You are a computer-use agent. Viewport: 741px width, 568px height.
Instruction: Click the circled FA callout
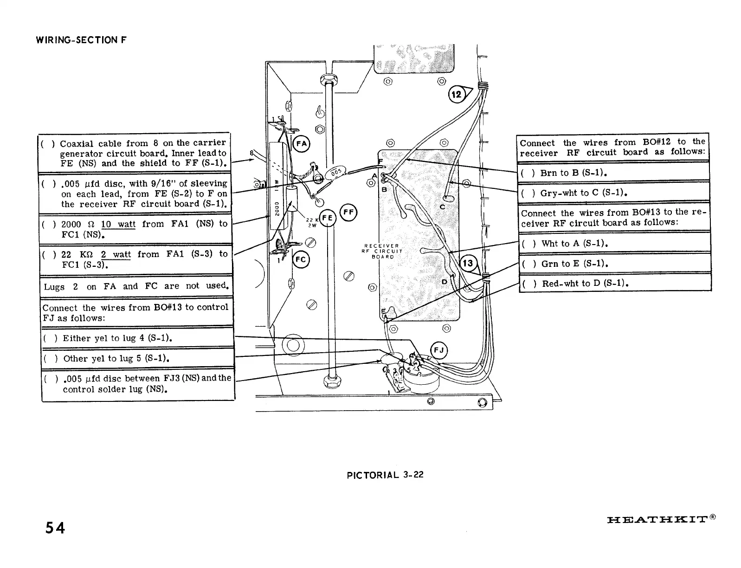coord(302,143)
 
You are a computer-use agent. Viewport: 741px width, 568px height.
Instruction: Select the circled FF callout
coord(348,213)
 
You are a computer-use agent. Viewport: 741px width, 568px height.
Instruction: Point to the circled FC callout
coord(301,260)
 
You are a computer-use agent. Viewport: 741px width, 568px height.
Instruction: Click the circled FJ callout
coord(439,350)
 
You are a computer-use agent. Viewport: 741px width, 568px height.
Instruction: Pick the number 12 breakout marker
coord(457,95)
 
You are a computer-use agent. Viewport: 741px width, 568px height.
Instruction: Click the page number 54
coord(55,528)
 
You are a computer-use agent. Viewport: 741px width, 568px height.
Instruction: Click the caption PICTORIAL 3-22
coord(385,475)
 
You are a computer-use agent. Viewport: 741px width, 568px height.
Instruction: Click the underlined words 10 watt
coord(118,225)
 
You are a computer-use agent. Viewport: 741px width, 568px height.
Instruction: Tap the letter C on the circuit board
coord(442,207)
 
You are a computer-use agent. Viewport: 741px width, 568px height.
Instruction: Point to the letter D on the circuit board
coord(444,282)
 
